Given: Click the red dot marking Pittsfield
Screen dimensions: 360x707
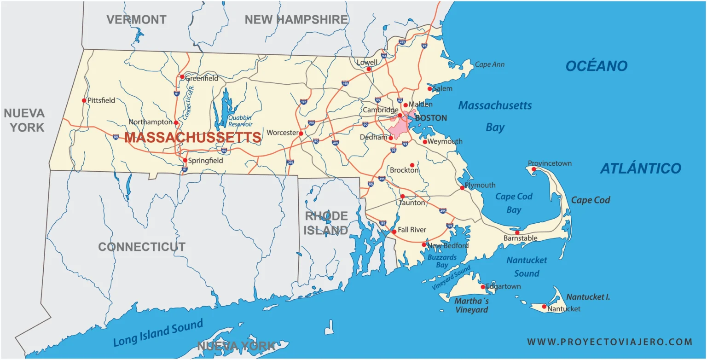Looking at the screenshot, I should coord(84,100).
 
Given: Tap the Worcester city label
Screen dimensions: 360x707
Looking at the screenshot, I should coord(283,133).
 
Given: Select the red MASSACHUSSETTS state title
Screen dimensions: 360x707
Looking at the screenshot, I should coord(192,138).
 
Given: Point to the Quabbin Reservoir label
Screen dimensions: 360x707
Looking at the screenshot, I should coord(240,121).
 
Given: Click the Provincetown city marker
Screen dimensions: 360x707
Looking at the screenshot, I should coord(533,169).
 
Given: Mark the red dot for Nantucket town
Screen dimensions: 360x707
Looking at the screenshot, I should coord(544,307).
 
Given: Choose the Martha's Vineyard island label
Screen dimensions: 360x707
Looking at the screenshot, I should coord(471,306).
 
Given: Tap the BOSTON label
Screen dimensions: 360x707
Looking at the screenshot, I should coord(431,118).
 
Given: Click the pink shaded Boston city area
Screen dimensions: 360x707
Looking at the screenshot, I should coord(399,127).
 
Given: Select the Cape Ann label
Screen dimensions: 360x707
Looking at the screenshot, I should coord(489,65).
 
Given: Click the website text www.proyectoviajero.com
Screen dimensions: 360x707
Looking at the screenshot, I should coord(609,342).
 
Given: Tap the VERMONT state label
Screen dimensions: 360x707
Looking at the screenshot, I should coord(136,20).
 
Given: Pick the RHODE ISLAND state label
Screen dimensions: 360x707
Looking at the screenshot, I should coord(326,223).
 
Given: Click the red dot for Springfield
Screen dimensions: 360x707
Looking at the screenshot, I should coord(185,161).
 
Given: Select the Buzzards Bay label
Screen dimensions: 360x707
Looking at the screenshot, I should coord(442,261).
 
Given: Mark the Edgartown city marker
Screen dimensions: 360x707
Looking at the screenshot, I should coord(483,287).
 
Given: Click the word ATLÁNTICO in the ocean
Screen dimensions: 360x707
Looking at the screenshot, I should coord(640,169).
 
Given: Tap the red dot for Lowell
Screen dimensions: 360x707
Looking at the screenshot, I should coord(369,70).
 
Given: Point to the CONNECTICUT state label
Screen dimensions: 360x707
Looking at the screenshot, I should coord(142,247).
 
